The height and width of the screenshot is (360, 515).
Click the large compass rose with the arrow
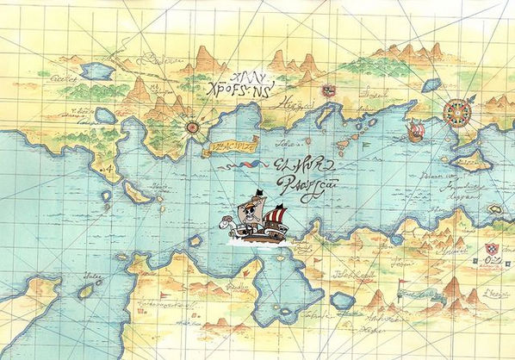455,111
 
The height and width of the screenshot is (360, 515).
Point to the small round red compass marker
194,127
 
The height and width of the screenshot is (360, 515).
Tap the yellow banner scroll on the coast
230,146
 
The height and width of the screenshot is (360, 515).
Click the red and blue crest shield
492,249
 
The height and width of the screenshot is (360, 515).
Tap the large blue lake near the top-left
98,71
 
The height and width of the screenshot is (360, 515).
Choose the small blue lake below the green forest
105,115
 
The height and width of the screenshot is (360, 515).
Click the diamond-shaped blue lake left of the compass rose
431,84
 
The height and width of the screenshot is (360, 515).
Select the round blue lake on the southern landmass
343,301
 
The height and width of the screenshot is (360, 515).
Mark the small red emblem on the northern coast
327,90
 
